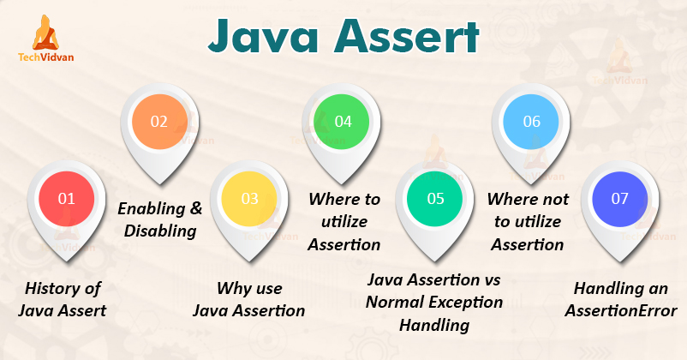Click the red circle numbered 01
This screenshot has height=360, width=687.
tap(67, 198)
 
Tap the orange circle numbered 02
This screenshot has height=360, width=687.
tap(159, 121)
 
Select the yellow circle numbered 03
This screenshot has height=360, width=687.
tap(249, 198)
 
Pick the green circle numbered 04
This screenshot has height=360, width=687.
tap(343, 121)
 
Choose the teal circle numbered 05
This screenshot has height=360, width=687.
tap(436, 198)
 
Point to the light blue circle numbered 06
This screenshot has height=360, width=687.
tap(531, 121)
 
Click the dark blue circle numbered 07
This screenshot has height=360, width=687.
tap(620, 198)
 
